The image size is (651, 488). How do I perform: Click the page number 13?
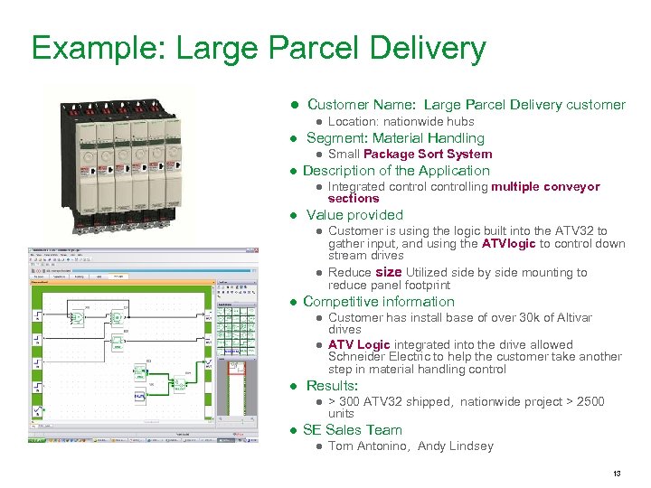tap(616, 474)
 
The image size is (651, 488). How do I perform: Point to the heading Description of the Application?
tap(396, 170)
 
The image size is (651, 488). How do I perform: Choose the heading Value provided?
tap(354, 214)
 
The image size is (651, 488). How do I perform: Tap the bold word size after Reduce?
tap(388, 271)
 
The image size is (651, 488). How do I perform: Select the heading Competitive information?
tap(379, 301)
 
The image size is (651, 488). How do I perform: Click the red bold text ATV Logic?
tap(359, 344)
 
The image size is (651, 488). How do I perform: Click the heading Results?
tap(332, 385)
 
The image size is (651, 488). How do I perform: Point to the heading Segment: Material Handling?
tap(395, 137)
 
